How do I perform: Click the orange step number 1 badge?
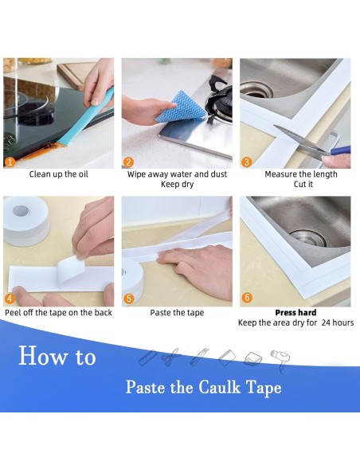click(10, 162)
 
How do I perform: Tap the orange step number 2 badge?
click(129, 162)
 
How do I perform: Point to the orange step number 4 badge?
click(10, 299)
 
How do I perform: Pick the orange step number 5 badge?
click(129, 299)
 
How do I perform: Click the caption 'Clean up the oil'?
click(58, 174)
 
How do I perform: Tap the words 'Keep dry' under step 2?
click(177, 185)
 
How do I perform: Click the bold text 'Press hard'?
click(295, 313)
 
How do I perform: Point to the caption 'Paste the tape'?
click(177, 313)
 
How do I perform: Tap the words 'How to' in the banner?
click(57, 356)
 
